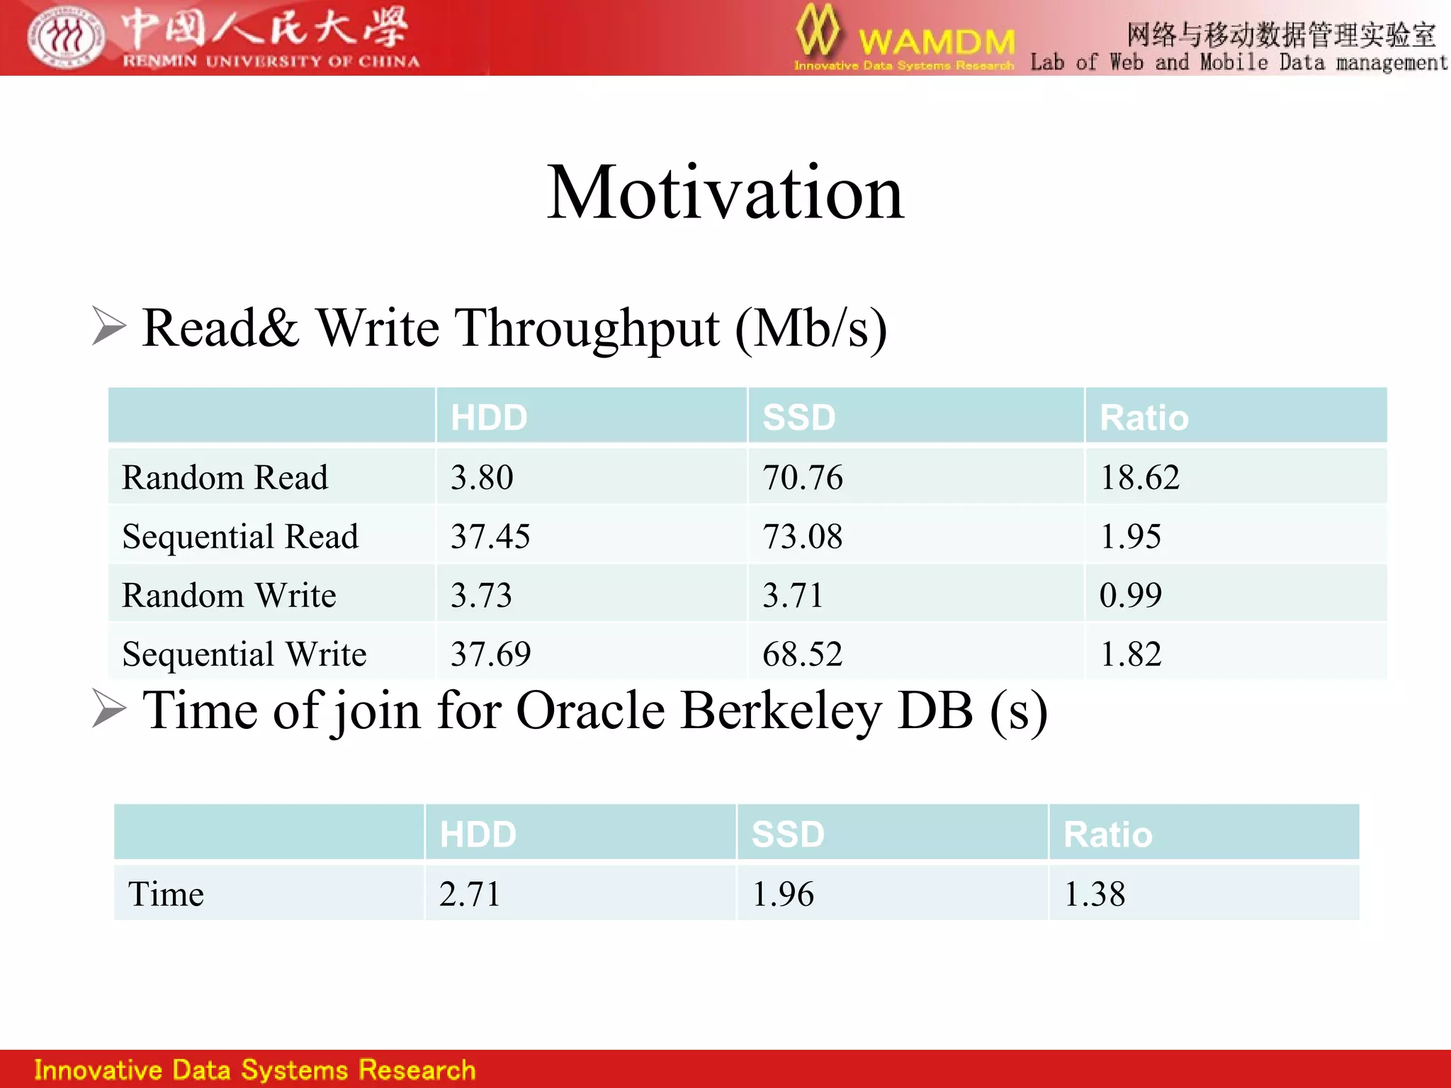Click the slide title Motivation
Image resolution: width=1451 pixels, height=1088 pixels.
click(725, 193)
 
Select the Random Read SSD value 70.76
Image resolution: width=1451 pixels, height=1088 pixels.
click(802, 477)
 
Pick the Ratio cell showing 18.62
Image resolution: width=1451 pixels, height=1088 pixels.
click(1139, 477)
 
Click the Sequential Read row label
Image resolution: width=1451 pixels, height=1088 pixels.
click(240, 536)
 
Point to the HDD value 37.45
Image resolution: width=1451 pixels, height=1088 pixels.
click(490, 536)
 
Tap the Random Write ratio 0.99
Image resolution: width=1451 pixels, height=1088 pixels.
click(1130, 595)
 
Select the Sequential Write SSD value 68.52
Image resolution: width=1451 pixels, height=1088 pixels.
click(802, 654)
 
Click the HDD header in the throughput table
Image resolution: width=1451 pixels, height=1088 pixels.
click(489, 417)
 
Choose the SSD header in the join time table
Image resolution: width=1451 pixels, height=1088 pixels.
click(788, 834)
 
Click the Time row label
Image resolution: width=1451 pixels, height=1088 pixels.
click(166, 894)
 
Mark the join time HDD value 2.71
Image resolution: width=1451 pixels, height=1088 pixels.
click(469, 894)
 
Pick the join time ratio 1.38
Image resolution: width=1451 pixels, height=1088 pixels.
click(1095, 894)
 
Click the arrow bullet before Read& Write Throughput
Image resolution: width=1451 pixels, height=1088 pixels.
click(108, 327)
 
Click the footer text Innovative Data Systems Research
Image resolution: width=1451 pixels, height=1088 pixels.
click(255, 1070)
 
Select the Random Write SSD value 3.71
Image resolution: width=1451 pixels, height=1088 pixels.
click(792, 595)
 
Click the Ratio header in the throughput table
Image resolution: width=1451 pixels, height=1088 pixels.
click(1144, 417)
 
